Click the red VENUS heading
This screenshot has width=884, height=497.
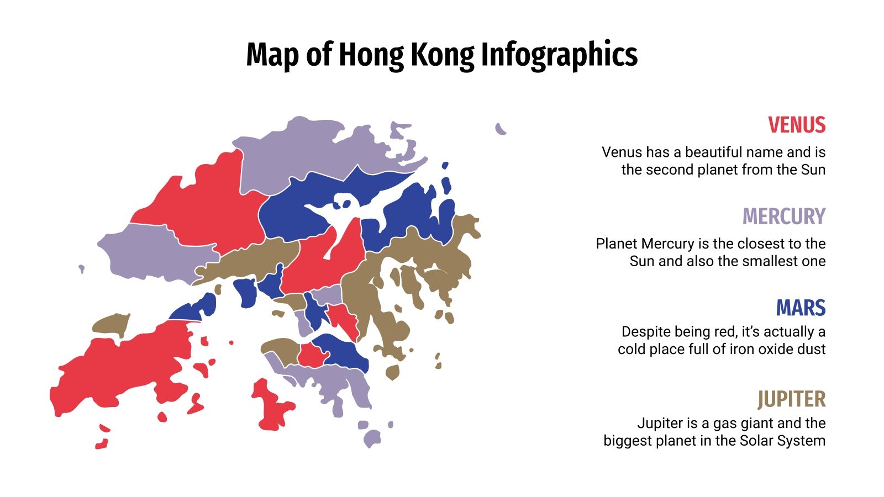click(796, 125)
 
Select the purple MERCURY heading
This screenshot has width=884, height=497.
click(783, 216)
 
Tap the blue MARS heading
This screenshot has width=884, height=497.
click(801, 308)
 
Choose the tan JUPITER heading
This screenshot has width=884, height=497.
click(791, 399)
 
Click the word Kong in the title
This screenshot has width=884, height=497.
click(441, 55)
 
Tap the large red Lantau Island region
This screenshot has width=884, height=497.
click(122, 376)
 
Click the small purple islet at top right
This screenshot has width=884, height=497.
click(500, 129)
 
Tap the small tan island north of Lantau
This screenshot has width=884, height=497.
click(111, 325)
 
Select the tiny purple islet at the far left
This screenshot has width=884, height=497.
click(82, 269)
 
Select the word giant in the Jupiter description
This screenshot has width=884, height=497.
click(740, 424)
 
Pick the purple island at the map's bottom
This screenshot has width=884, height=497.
click(372, 439)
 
